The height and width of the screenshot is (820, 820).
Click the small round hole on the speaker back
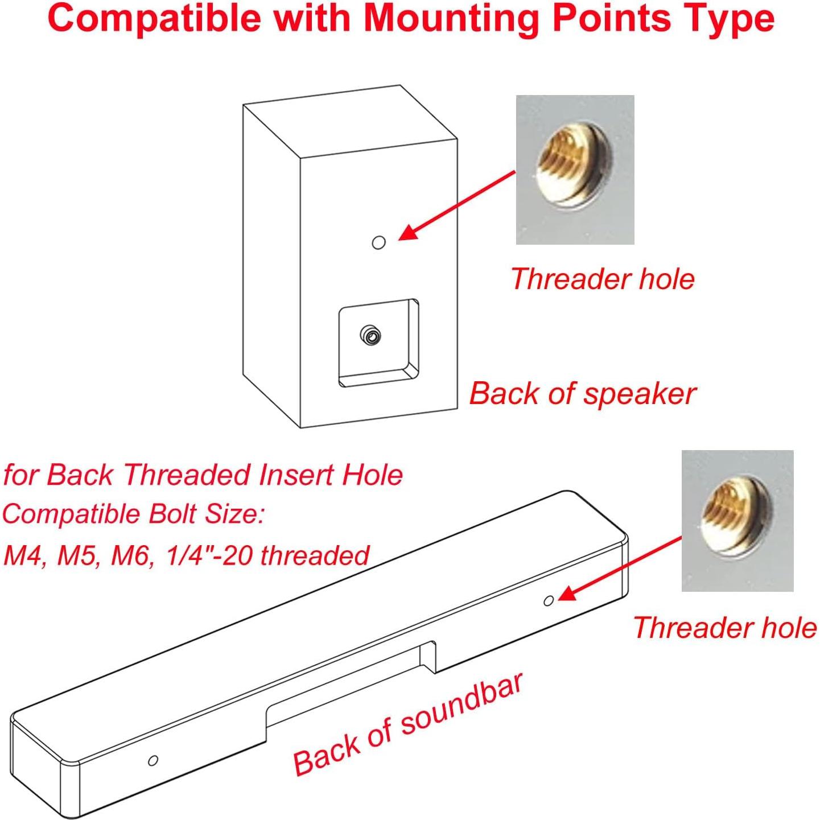coord(378,243)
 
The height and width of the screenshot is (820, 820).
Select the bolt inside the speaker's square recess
coord(371,336)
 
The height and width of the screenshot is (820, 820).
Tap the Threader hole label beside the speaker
coord(603,279)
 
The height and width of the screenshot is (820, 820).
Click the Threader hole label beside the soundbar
coord(724,628)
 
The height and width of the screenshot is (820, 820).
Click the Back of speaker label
coord(582,393)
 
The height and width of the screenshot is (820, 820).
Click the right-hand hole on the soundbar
coord(549,601)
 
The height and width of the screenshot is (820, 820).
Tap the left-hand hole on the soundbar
coord(153,760)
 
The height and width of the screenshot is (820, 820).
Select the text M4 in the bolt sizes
coord(23,555)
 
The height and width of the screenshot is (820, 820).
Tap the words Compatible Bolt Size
coord(133,514)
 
